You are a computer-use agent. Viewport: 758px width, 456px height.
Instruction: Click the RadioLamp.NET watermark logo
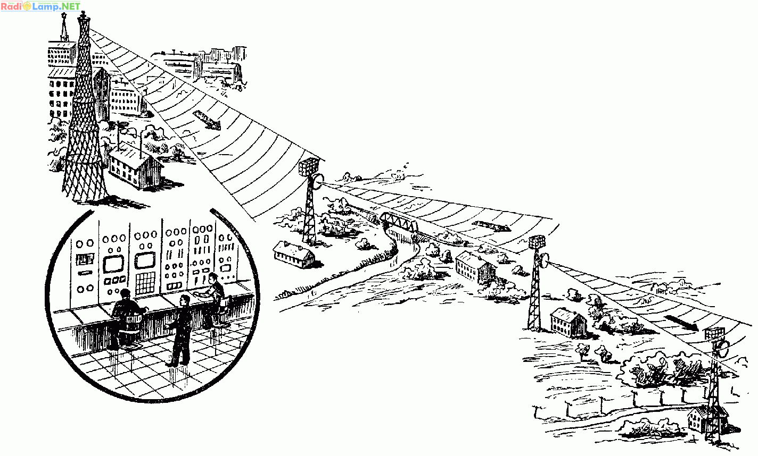click(40, 6)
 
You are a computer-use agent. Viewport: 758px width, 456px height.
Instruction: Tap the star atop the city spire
click(63, 15)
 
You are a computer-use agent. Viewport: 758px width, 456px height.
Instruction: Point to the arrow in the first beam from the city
click(207, 120)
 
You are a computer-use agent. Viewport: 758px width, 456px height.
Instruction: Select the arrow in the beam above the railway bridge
click(491, 226)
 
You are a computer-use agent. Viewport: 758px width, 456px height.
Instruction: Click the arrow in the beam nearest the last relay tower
click(681, 323)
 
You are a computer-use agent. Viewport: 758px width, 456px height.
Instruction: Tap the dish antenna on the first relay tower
click(318, 182)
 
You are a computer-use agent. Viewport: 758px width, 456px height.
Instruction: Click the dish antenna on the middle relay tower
click(543, 260)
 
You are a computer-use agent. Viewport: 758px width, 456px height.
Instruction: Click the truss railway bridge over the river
click(400, 222)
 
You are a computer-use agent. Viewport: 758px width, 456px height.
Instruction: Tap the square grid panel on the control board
click(145, 283)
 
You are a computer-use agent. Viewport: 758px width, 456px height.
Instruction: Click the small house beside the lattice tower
click(136, 165)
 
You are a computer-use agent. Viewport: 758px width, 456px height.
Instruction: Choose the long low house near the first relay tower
click(293, 255)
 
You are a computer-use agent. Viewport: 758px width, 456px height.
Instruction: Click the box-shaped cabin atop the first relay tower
click(309, 166)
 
